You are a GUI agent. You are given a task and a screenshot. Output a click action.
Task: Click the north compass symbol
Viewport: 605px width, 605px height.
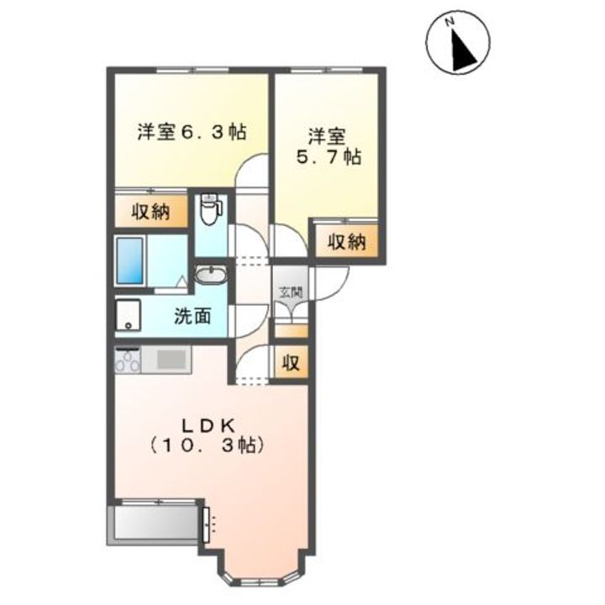click(x=459, y=45)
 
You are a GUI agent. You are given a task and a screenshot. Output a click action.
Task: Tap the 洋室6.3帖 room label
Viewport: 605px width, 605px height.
click(x=192, y=132)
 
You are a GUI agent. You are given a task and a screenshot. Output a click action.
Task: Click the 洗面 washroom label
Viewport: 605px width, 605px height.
click(x=192, y=317)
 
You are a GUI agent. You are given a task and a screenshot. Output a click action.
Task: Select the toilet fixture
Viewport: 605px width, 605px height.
click(x=211, y=210)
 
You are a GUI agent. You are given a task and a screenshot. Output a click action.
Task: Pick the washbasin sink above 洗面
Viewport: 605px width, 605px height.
click(x=210, y=275)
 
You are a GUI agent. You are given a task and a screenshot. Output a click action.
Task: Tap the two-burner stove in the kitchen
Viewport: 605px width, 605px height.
click(x=128, y=362)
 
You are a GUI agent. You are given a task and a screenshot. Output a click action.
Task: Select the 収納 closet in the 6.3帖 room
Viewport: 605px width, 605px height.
click(x=150, y=212)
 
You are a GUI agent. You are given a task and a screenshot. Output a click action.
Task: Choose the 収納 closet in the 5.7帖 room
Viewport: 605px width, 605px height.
click(x=345, y=242)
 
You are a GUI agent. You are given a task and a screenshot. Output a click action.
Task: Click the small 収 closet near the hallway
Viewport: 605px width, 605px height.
click(x=291, y=363)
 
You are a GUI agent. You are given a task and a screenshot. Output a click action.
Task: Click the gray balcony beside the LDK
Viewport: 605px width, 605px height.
click(x=156, y=523)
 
